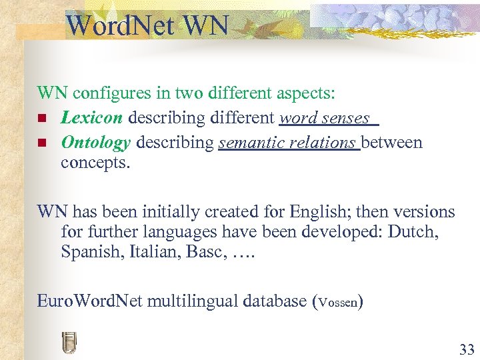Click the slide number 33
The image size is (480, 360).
[466, 349]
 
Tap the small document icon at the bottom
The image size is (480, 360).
[68, 343]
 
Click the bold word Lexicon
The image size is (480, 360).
[92, 119]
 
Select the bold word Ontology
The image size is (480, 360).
[96, 142]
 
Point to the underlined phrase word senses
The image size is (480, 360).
[325, 119]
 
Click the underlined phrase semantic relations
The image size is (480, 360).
[287, 142]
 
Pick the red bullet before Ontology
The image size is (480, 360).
[42, 143]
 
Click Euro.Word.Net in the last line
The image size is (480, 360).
[89, 301]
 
